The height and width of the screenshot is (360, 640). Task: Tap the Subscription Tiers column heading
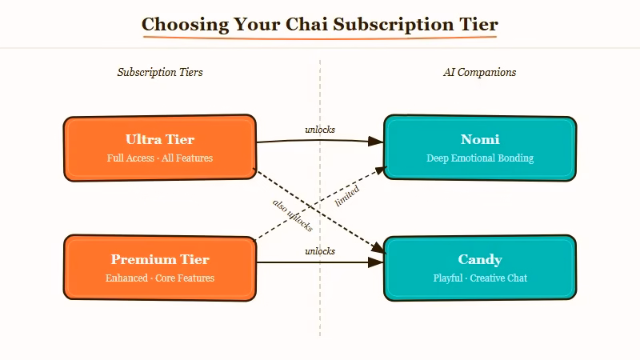160,72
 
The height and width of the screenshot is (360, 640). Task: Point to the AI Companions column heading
480,72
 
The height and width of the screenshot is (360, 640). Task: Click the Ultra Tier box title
160,139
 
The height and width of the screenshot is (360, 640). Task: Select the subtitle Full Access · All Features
160,158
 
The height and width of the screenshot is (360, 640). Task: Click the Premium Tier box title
160,259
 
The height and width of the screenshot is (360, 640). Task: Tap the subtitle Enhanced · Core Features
160,278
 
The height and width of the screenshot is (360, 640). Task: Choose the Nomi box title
480,139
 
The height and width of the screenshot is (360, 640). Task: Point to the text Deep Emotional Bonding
480,158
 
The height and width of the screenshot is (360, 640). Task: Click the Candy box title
480,259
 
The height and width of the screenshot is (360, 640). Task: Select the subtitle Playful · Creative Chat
480,278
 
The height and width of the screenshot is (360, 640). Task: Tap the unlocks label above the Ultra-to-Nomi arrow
320,130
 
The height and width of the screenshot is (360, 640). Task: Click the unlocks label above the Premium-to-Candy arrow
320,251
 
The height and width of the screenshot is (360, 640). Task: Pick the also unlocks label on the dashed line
293,214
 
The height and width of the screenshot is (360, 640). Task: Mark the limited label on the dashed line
347,197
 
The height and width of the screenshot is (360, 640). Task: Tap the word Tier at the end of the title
478,24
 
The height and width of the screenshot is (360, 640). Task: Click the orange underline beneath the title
320,38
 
